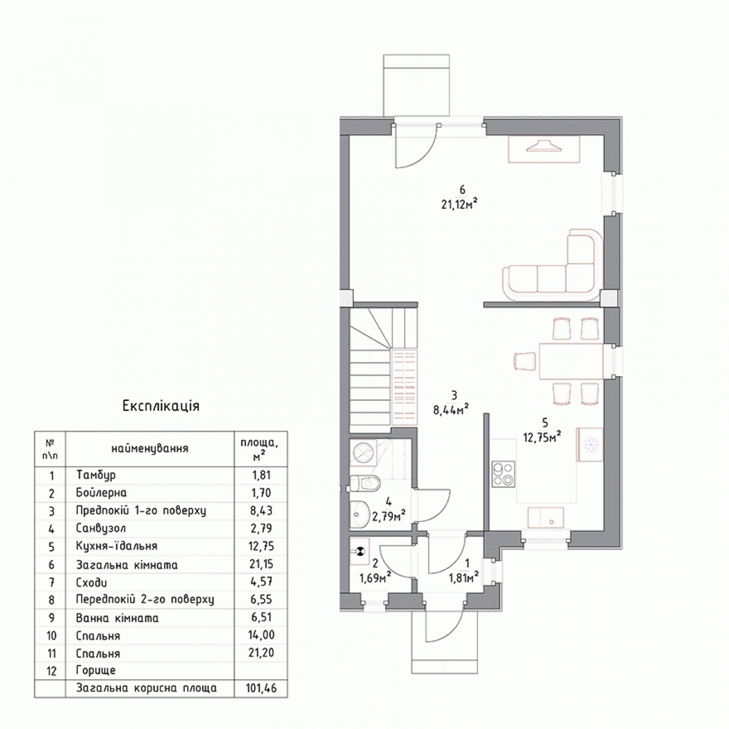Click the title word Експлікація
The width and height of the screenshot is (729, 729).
(x=161, y=406)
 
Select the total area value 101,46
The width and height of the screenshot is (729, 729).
(x=261, y=688)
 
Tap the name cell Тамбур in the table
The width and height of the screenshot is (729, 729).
(x=96, y=475)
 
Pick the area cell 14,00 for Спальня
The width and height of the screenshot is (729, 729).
(x=261, y=635)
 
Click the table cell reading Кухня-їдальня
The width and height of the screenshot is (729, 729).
(x=117, y=546)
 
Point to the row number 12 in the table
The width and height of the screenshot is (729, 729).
(x=51, y=671)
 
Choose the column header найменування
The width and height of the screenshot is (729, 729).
(x=150, y=449)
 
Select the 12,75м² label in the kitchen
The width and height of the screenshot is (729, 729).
(x=542, y=437)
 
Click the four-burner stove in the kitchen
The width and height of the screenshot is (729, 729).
(x=503, y=474)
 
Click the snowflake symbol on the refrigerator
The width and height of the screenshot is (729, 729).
(x=591, y=445)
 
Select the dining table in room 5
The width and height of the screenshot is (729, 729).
(x=570, y=361)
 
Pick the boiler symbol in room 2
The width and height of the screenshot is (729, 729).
(x=360, y=552)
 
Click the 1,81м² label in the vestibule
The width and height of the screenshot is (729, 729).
(x=464, y=578)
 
